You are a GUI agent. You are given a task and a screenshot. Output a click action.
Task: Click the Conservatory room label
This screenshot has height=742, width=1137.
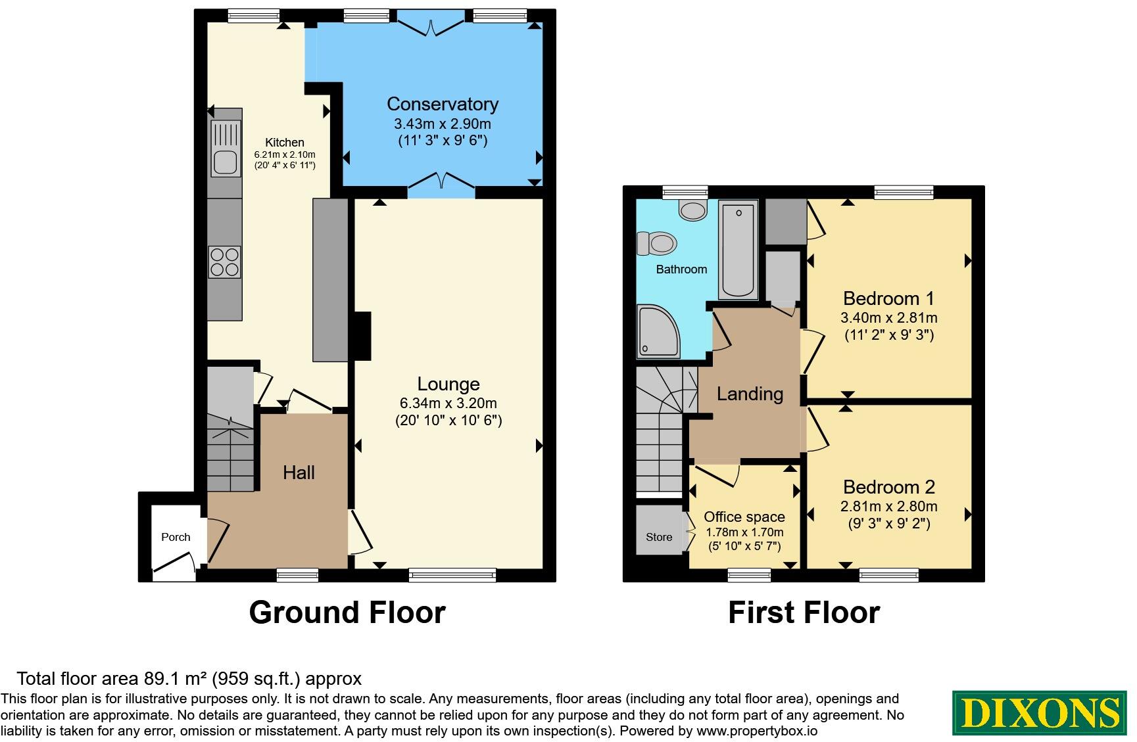443,104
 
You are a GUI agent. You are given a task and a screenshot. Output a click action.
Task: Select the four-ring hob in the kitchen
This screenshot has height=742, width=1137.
225,262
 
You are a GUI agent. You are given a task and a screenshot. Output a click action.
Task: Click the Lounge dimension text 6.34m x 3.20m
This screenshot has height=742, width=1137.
448,403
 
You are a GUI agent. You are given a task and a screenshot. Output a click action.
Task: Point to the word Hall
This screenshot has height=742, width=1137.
299,472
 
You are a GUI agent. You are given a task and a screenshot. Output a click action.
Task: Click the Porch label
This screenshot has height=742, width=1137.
176,537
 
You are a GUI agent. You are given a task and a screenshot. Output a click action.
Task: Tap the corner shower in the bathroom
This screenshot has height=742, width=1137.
658,331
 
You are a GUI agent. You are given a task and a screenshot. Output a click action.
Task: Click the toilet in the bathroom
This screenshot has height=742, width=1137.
657,244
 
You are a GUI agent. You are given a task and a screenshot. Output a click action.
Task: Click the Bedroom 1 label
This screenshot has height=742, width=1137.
888,298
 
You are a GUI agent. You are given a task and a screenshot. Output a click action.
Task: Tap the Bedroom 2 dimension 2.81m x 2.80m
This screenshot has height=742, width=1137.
888,506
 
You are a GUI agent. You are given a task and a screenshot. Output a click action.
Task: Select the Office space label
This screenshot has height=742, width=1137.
744,517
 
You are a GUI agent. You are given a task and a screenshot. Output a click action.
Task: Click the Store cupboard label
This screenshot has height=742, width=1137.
659,537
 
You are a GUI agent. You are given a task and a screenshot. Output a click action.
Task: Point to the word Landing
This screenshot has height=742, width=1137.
750,394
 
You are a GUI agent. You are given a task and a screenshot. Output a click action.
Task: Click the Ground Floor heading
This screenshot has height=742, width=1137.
347,613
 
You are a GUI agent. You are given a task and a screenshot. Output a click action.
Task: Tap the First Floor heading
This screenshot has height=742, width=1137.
804,613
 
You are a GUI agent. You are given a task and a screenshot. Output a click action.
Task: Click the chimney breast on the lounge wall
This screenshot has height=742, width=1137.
362,335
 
